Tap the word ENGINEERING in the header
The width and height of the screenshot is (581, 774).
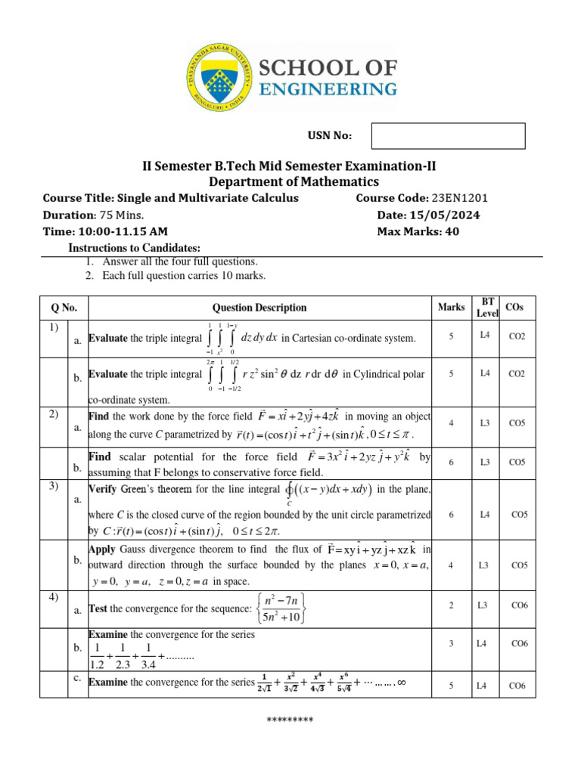328,89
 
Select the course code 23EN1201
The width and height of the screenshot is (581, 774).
460,198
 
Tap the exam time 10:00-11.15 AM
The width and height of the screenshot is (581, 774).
105,231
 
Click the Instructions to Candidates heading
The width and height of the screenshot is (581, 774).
135,248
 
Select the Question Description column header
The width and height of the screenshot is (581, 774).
259,308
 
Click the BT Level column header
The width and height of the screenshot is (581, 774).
487,307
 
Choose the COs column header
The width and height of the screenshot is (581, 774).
518,308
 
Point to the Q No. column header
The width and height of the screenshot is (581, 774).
64,308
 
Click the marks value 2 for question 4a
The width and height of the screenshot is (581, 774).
451,605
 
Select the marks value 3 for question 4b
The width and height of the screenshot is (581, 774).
451,643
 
